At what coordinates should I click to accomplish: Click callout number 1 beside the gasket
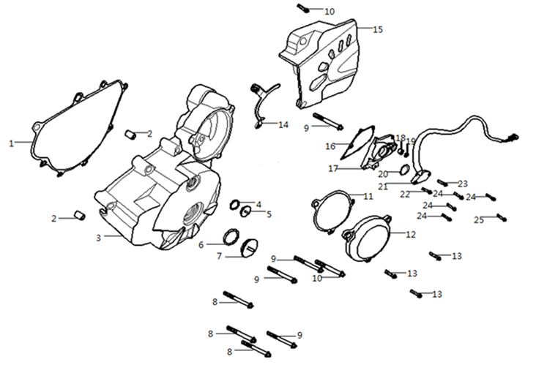pyautogui.click(x=12, y=144)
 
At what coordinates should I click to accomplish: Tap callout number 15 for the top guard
pyautogui.click(x=378, y=30)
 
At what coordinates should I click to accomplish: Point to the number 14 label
pyautogui.click(x=283, y=125)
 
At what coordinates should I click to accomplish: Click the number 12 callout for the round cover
pyautogui.click(x=410, y=235)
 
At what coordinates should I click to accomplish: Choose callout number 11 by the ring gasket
pyautogui.click(x=368, y=196)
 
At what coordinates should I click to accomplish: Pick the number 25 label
pyautogui.click(x=478, y=219)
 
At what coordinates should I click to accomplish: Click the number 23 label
pyautogui.click(x=463, y=184)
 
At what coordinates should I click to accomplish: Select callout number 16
pyautogui.click(x=331, y=146)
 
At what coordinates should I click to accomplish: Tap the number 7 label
pyautogui.click(x=218, y=256)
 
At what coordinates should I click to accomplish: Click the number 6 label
pyautogui.click(x=201, y=245)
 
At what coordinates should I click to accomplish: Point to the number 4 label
pyautogui.click(x=258, y=204)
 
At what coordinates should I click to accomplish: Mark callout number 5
pyautogui.click(x=269, y=214)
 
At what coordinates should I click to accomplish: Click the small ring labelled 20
pyautogui.click(x=404, y=173)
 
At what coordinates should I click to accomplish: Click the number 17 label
pyautogui.click(x=332, y=169)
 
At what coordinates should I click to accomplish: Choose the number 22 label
pyautogui.click(x=405, y=194)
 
